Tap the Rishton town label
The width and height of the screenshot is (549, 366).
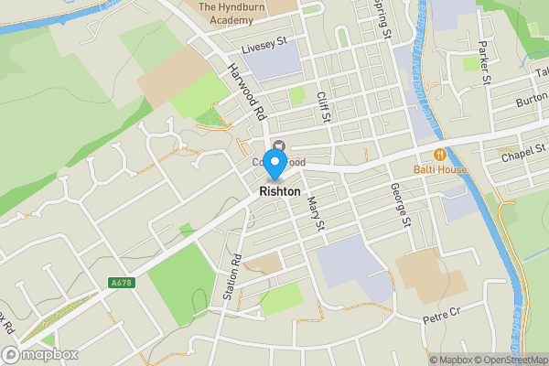coord(279,192)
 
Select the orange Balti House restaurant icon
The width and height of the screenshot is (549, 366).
coord(440,156)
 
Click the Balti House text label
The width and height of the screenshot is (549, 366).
coord(439,169)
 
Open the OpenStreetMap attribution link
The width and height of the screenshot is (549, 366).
coord(510,360)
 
